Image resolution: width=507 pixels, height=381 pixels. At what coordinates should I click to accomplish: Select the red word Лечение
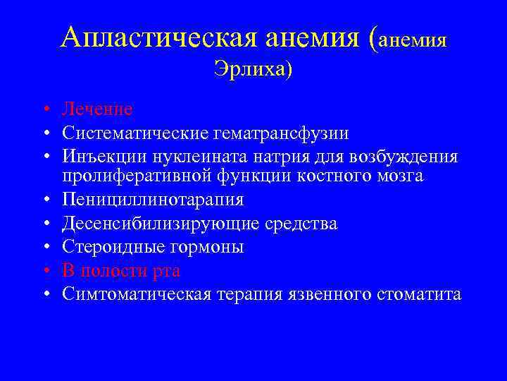pos(97,109)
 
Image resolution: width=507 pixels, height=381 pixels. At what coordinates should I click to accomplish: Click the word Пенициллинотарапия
pos(153,200)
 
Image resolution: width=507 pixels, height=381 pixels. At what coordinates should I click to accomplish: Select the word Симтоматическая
pos(136,294)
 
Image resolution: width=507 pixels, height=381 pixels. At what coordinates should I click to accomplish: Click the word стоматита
pos(420,294)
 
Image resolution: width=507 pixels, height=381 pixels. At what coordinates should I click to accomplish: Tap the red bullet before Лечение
pos(44,110)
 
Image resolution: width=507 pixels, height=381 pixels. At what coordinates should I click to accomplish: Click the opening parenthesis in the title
pos(373,38)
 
